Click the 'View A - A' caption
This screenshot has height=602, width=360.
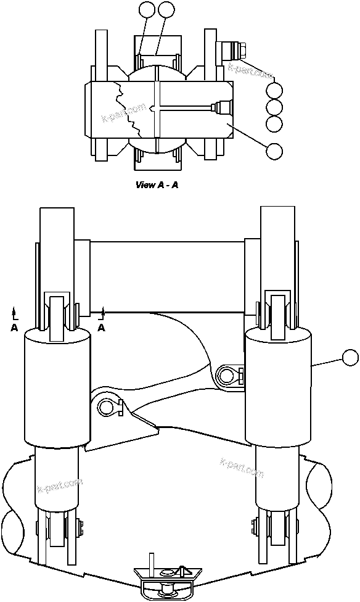tap(157, 184)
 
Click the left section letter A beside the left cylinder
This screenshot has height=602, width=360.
tap(14, 328)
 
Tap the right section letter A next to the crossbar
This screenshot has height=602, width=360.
tap(102, 328)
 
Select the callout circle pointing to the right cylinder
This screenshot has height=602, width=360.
tap(350, 358)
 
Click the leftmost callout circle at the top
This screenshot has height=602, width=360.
tap(146, 9)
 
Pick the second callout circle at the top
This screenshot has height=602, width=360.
tap(166, 9)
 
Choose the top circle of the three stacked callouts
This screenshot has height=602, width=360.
tap(275, 91)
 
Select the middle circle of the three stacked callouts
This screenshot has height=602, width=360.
tap(275, 107)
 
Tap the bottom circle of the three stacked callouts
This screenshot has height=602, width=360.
tap(275, 124)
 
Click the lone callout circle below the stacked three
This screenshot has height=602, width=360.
tap(274, 149)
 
